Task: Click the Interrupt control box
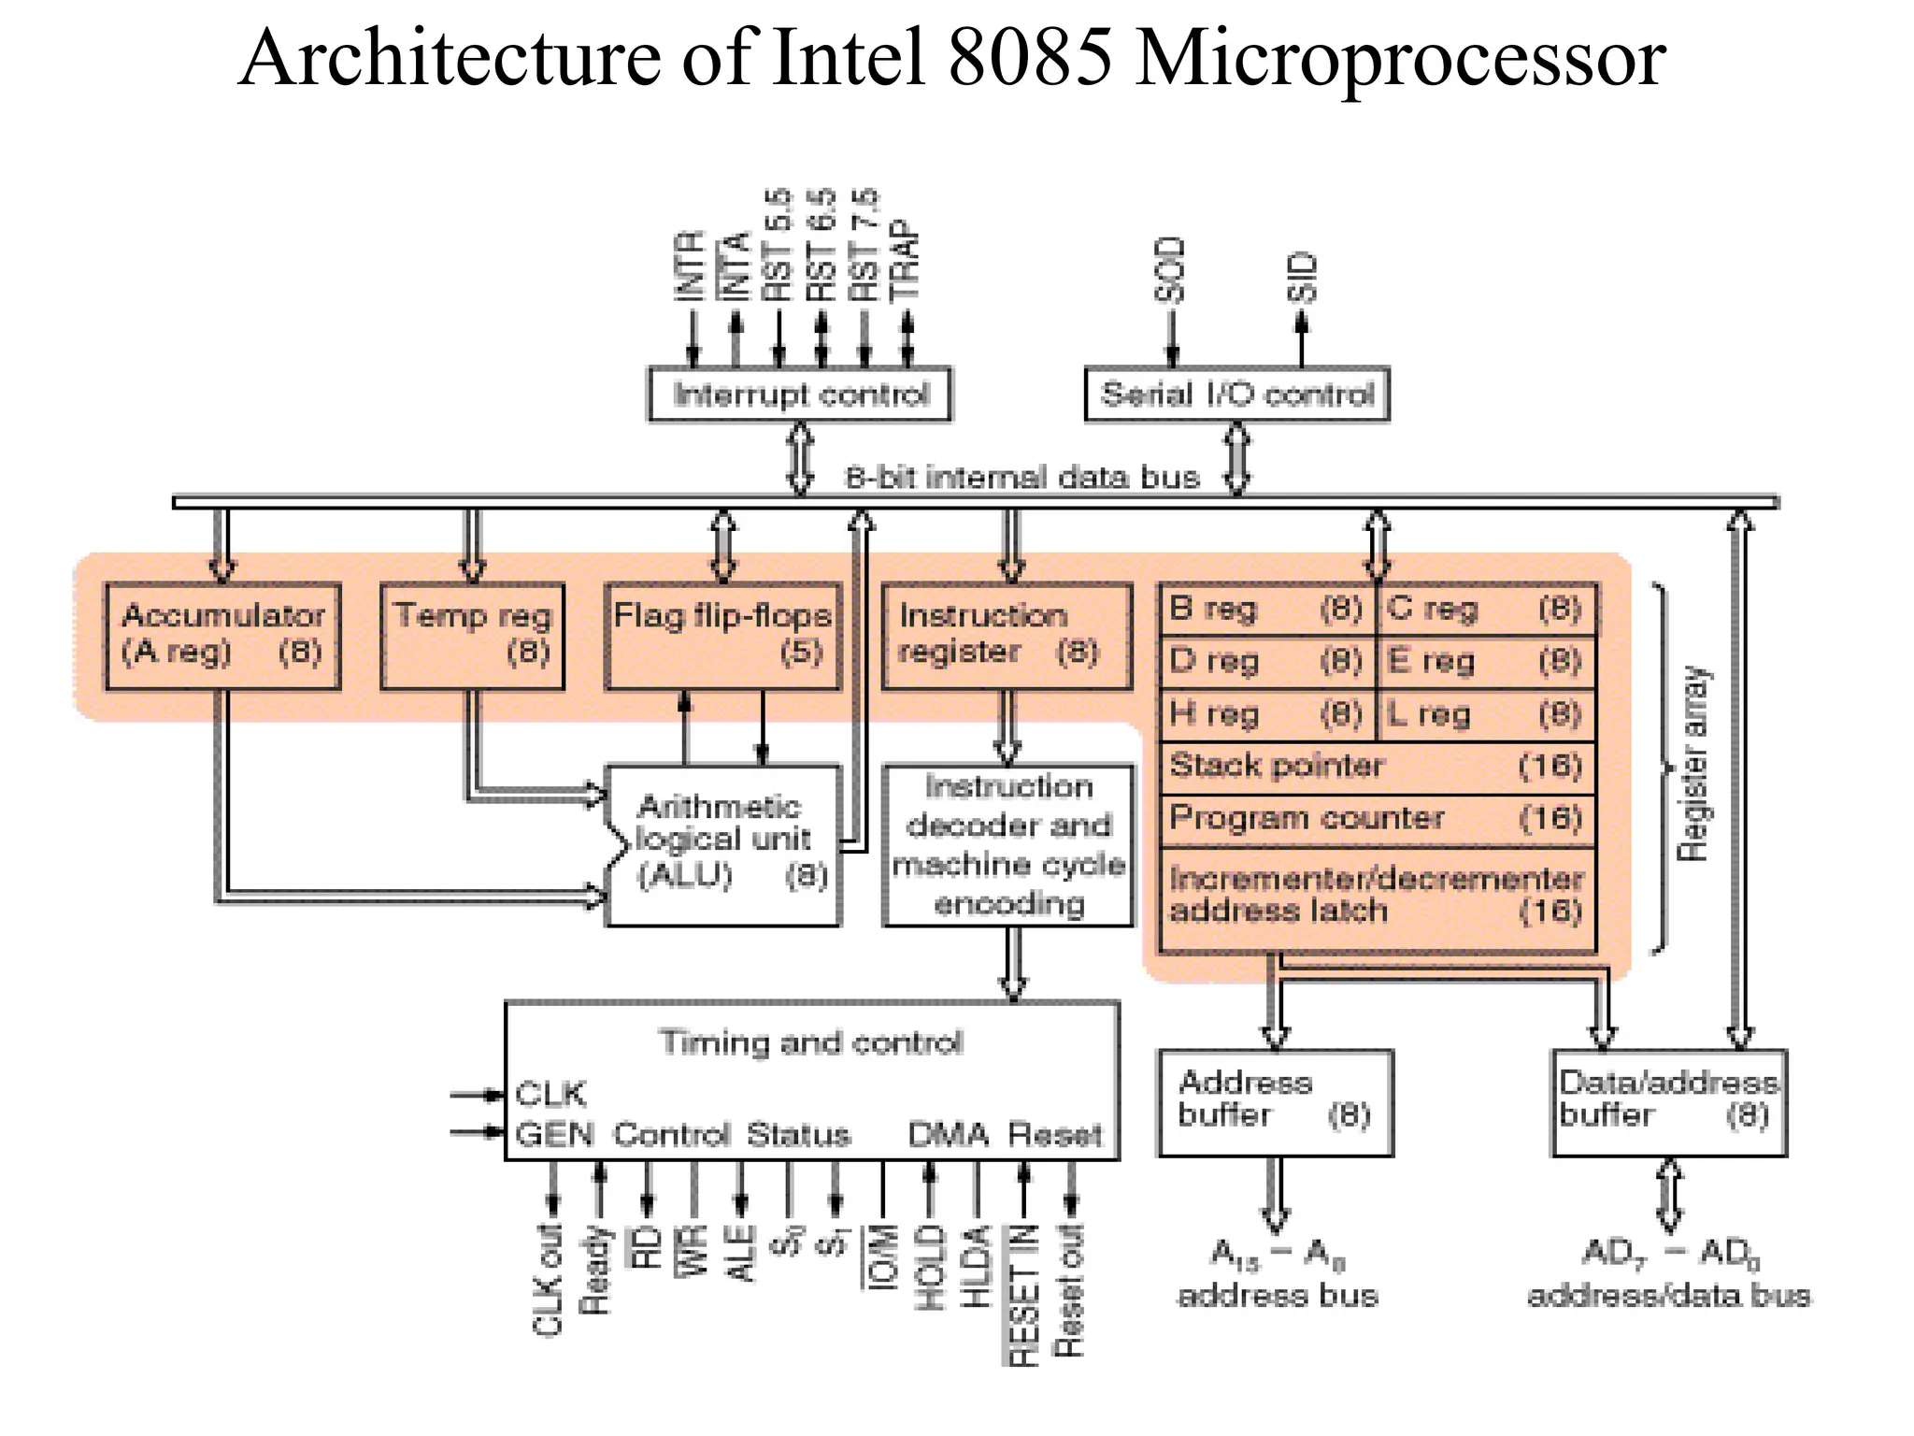(x=800, y=395)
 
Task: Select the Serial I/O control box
(x=1236, y=395)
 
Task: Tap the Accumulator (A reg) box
(x=222, y=636)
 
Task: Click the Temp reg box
(x=473, y=636)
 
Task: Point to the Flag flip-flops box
(x=722, y=636)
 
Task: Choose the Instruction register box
(x=1007, y=636)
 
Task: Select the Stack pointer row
(x=1377, y=767)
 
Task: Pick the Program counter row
(x=1377, y=819)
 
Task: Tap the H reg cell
(x=1266, y=715)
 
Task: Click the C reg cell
(x=1486, y=609)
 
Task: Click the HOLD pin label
(x=929, y=1268)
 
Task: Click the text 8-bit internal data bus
(x=1021, y=478)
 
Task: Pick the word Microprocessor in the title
(x=1399, y=58)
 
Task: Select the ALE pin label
(x=740, y=1253)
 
